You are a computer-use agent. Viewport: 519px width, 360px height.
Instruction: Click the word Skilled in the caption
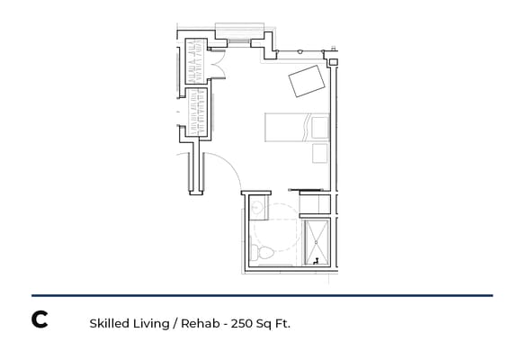tap(109, 321)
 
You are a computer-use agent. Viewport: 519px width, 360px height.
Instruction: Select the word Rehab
tap(197, 321)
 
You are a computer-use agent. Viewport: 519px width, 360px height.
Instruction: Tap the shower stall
tap(318, 241)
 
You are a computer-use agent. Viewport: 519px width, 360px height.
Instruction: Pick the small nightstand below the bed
tap(319, 154)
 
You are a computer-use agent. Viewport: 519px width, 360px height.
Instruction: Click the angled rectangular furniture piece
tap(307, 81)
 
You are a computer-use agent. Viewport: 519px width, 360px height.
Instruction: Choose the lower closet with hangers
tap(197, 112)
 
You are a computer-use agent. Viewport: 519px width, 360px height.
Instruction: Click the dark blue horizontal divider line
tap(262, 295)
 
